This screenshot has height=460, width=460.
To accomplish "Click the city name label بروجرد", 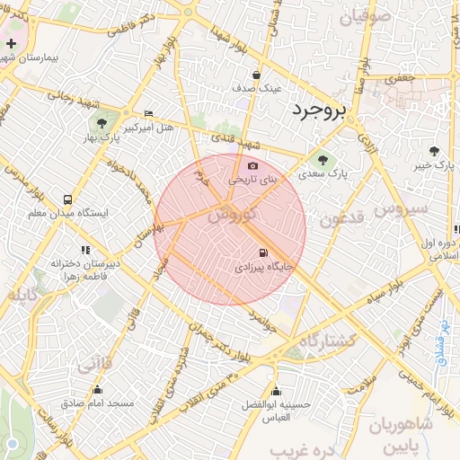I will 306,111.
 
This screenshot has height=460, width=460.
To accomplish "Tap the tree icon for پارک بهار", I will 99,123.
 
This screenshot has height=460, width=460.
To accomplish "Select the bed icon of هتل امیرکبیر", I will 148,113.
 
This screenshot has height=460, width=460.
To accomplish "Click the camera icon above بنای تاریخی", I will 252,166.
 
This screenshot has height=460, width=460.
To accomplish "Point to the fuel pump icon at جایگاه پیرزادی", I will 262,253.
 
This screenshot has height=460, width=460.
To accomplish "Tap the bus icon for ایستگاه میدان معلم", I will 68,199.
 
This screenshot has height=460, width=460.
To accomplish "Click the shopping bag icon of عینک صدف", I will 257,75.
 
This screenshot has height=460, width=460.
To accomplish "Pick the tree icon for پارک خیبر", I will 436,151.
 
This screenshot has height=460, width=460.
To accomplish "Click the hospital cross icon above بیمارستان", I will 11,43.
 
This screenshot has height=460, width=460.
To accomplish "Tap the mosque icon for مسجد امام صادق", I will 98,389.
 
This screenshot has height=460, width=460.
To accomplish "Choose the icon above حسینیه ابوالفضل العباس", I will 276,391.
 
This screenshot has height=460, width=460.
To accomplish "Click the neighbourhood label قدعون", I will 341,218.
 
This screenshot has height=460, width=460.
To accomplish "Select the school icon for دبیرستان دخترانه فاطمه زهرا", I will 85,250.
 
